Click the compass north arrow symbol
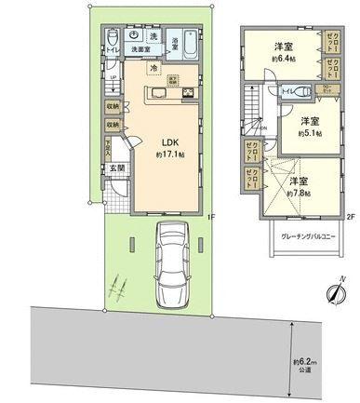(x=333, y=294)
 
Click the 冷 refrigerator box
(x=151, y=69)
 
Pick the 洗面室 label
(x=140, y=48)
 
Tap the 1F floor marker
(x=212, y=218)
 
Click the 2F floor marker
(x=351, y=218)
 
